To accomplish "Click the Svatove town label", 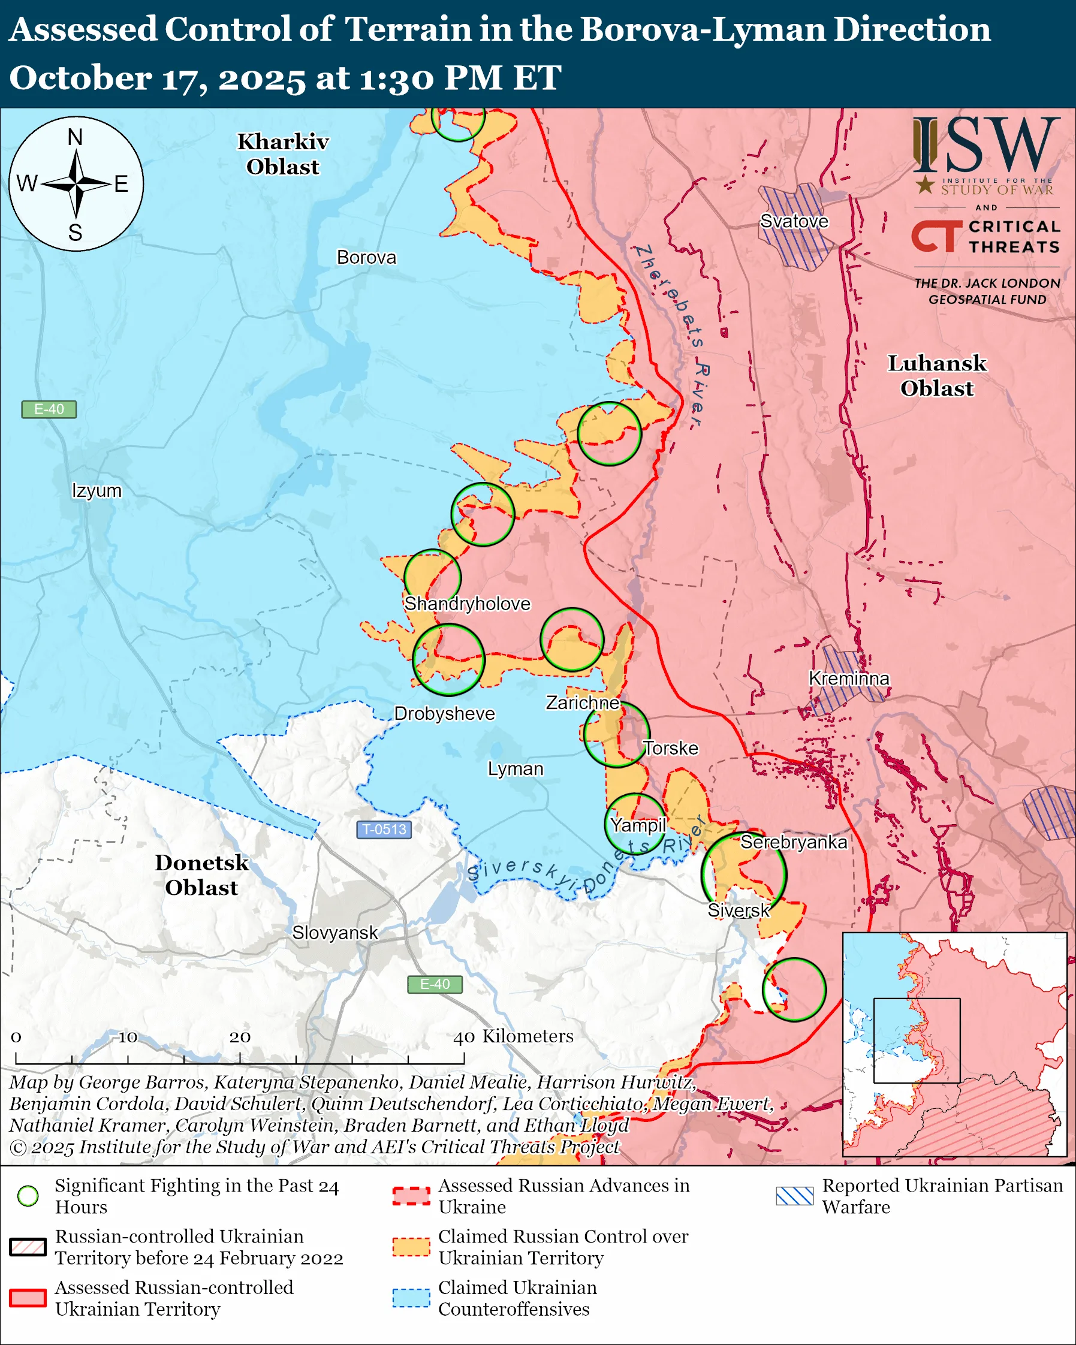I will click(x=794, y=221).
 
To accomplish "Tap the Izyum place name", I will click(x=97, y=490).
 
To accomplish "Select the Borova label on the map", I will click(x=366, y=257).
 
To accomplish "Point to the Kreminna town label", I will click(x=848, y=678).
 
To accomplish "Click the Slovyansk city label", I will click(x=335, y=933).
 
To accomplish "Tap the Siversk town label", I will click(x=739, y=910).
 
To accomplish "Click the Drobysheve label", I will click(x=444, y=713).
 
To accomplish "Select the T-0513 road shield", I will click(x=384, y=829).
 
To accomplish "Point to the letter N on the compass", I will click(x=75, y=137).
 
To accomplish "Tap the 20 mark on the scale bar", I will click(x=240, y=1037).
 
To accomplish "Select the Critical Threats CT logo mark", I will click(x=936, y=236).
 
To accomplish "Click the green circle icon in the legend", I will click(x=28, y=1196).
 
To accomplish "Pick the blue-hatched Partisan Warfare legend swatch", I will click(x=794, y=1196).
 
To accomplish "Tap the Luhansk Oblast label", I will click(x=936, y=376).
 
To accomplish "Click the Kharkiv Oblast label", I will click(x=282, y=154).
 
